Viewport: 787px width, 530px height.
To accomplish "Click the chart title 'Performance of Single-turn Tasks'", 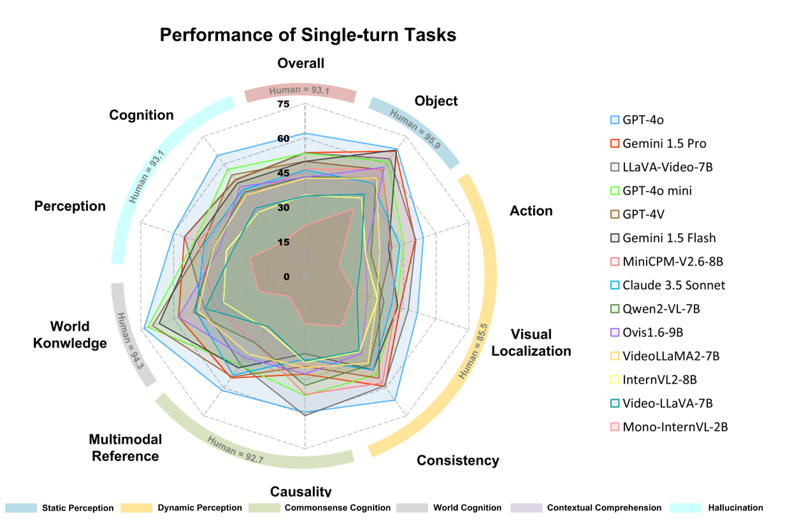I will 308,35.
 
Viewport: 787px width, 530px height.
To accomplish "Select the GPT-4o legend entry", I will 642,120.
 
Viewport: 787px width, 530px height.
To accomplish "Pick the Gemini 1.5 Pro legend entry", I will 664,144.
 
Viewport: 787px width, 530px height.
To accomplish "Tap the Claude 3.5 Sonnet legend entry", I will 673,286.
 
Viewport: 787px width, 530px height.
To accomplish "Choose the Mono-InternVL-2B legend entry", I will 675,427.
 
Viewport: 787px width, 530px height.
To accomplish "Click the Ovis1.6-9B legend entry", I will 652,333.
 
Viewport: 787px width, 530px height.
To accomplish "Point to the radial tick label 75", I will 284,104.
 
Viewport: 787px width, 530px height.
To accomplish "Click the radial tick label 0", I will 286,277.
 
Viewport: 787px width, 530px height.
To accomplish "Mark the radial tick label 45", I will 284,173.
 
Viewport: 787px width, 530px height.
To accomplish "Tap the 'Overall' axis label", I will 301,63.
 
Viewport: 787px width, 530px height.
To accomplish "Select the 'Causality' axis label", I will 301,491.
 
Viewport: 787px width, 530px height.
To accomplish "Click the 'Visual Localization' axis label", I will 531,343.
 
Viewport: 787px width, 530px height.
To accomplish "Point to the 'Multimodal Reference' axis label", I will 126,448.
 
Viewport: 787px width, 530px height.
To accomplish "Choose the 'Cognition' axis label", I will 141,115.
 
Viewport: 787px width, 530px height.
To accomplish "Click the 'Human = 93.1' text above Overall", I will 299,90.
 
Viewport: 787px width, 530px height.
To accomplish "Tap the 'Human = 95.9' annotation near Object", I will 415,129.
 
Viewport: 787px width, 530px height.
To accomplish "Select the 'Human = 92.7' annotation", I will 235,450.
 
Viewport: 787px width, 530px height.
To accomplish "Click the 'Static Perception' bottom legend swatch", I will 21,508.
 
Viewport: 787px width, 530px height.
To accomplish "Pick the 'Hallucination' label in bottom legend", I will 735,508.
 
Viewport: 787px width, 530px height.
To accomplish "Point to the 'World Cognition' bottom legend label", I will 467,508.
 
